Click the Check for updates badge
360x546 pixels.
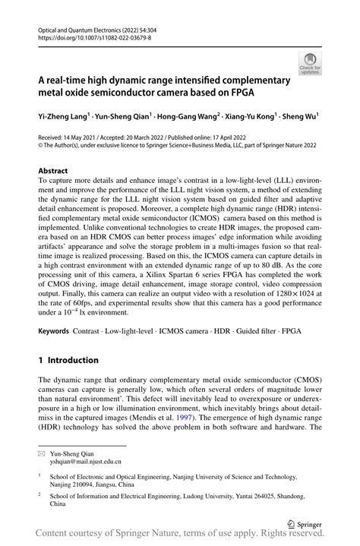(x=310, y=63)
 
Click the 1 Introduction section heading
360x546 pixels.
(x=68, y=359)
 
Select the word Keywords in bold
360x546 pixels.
(x=54, y=333)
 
